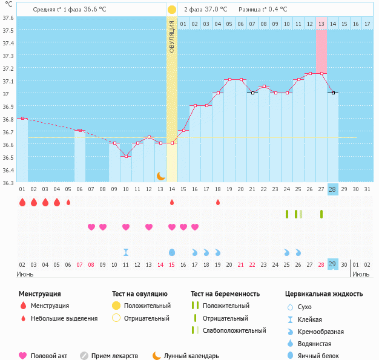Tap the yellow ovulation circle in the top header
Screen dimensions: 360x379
[172, 10]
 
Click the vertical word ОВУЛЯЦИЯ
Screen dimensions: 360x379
[172, 36]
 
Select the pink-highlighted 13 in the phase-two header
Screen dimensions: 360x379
[321, 24]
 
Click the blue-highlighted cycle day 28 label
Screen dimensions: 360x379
[332, 189]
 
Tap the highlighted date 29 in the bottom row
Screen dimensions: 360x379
[332, 264]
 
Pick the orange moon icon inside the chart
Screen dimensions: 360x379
[160, 175]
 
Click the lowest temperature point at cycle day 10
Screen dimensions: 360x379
[125, 157]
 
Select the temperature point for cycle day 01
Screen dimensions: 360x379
[22, 118]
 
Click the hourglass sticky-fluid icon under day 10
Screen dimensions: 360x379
[125, 252]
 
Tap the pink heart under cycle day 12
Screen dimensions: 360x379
[149, 227]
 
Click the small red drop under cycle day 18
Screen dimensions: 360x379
[217, 202]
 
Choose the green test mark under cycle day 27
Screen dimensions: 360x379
[321, 214]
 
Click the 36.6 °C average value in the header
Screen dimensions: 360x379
[107, 10]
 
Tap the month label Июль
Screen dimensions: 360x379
[361, 274]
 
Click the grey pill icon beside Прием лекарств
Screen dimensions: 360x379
[84, 356]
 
